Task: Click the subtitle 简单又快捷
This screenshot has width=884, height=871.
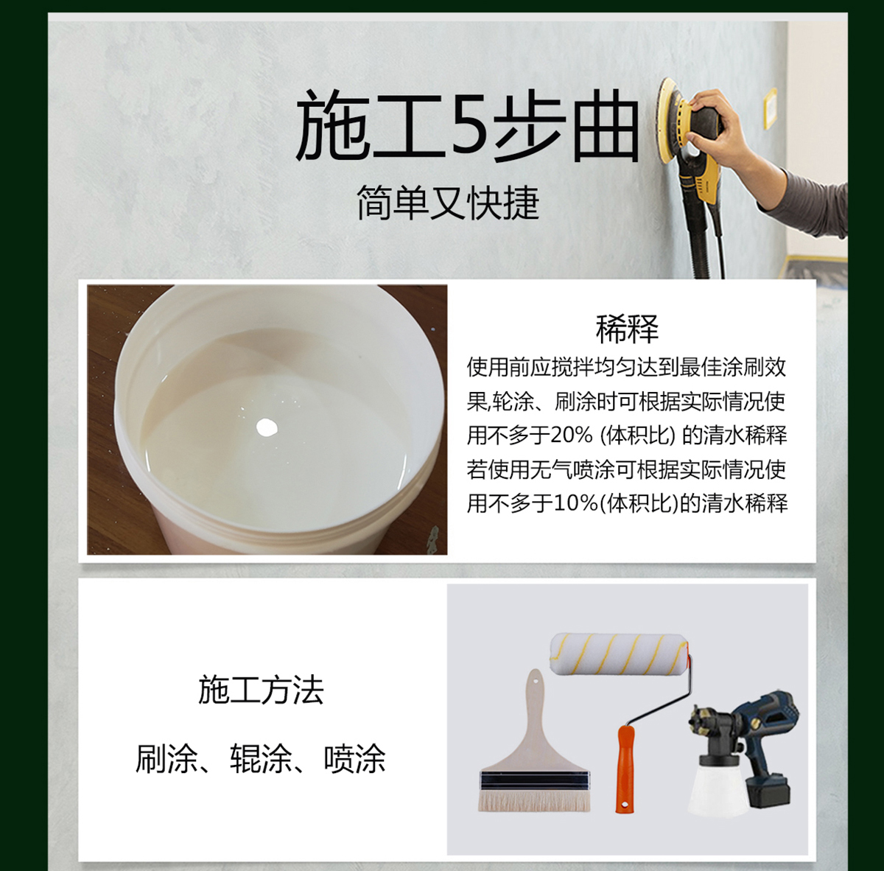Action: point(448,203)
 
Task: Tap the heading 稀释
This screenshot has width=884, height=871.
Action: point(627,329)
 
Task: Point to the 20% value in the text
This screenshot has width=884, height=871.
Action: point(572,435)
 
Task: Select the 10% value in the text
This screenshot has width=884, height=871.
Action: point(576,503)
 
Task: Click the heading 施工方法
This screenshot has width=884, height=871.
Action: point(261,690)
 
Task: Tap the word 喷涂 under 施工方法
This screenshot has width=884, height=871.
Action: point(355,759)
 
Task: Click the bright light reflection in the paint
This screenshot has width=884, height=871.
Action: point(265,426)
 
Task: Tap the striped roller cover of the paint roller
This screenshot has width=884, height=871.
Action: point(619,655)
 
